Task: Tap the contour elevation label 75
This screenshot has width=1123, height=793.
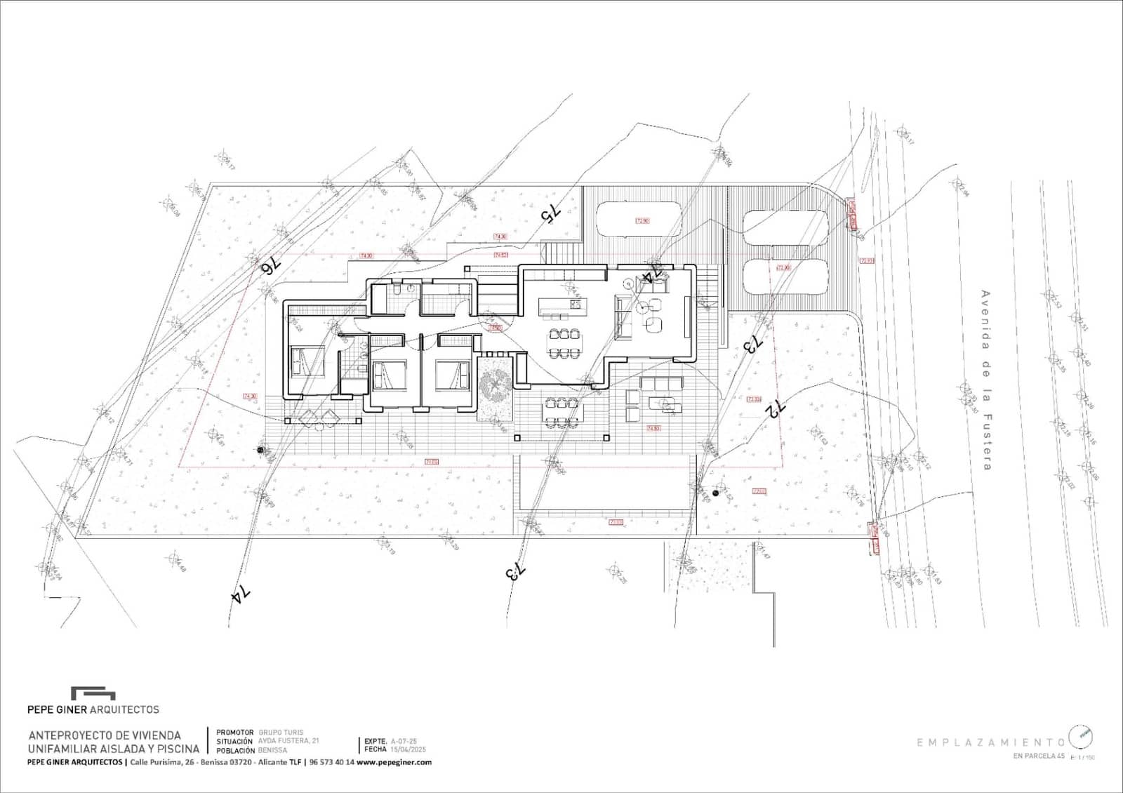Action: [550, 212]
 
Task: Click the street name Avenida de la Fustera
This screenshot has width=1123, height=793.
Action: [985, 380]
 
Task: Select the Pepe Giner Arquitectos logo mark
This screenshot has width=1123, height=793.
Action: [93, 693]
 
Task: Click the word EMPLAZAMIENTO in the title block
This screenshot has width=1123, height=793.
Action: [990, 742]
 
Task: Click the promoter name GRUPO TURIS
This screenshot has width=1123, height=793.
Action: [281, 732]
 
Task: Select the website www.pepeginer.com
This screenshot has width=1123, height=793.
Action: [394, 762]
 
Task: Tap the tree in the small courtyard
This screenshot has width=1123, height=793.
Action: [495, 385]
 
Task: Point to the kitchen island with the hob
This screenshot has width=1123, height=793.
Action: [561, 306]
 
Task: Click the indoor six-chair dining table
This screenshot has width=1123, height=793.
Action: [565, 342]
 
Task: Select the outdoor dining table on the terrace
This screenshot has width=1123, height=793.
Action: [562, 412]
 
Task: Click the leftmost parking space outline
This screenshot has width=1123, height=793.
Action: [638, 220]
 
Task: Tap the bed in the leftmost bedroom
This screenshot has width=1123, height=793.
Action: [307, 361]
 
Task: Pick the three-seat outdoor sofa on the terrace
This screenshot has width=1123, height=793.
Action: [661, 383]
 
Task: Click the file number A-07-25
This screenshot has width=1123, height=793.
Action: [404, 741]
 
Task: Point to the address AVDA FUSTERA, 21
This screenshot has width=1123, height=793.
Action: [288, 741]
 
